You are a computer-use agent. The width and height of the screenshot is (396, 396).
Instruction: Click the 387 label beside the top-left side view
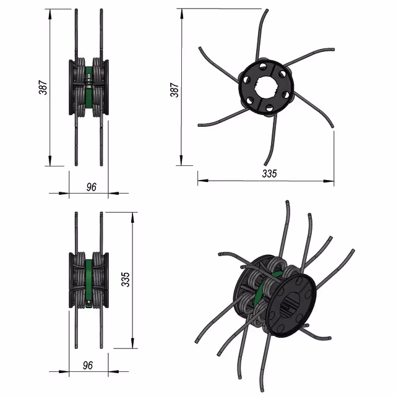[x=43, y=87]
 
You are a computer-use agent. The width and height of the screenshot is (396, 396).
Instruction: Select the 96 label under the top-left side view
[x=91, y=187]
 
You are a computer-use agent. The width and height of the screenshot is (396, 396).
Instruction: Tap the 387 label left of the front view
[x=174, y=90]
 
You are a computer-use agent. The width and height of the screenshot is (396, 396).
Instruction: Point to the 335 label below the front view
[x=270, y=173]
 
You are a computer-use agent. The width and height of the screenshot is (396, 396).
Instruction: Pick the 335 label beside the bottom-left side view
[x=126, y=279]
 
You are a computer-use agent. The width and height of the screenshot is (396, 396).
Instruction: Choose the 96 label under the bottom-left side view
[x=88, y=365]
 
